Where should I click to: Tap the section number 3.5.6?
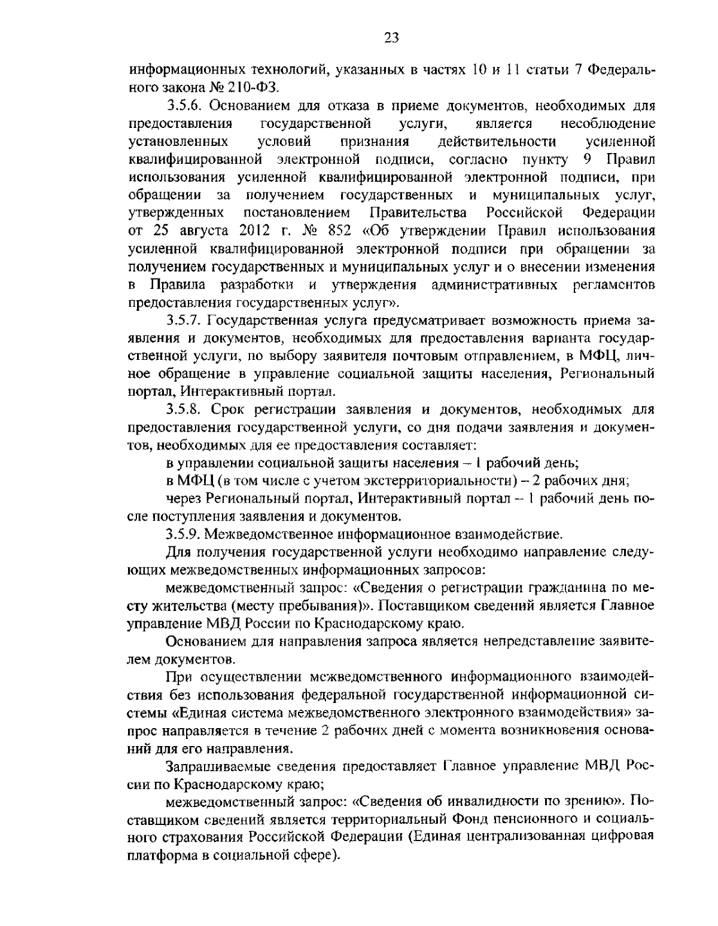[185, 106]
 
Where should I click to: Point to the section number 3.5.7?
[185, 320]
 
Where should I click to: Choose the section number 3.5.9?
[185, 532]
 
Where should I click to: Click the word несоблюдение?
[607, 124]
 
